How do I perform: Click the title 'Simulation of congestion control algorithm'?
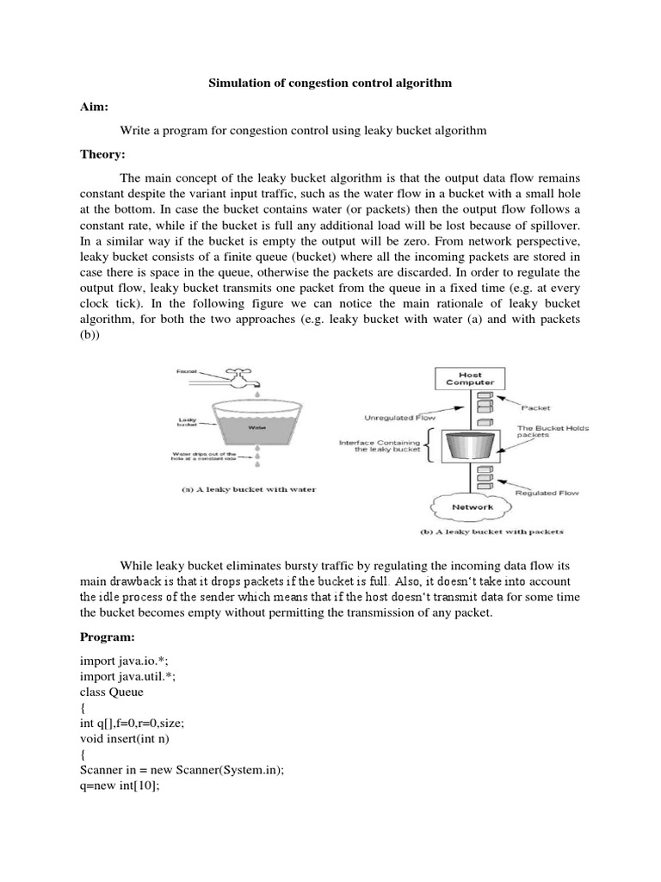tap(331, 84)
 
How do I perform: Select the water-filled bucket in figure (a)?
tap(257, 423)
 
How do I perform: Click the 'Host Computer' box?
tap(470, 378)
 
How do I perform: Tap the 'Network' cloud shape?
tap(472, 507)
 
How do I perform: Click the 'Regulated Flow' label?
tap(547, 494)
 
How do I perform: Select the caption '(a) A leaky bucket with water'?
tap(248, 489)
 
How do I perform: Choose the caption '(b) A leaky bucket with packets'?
tap(491, 531)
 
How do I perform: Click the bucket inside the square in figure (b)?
tap(470, 446)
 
